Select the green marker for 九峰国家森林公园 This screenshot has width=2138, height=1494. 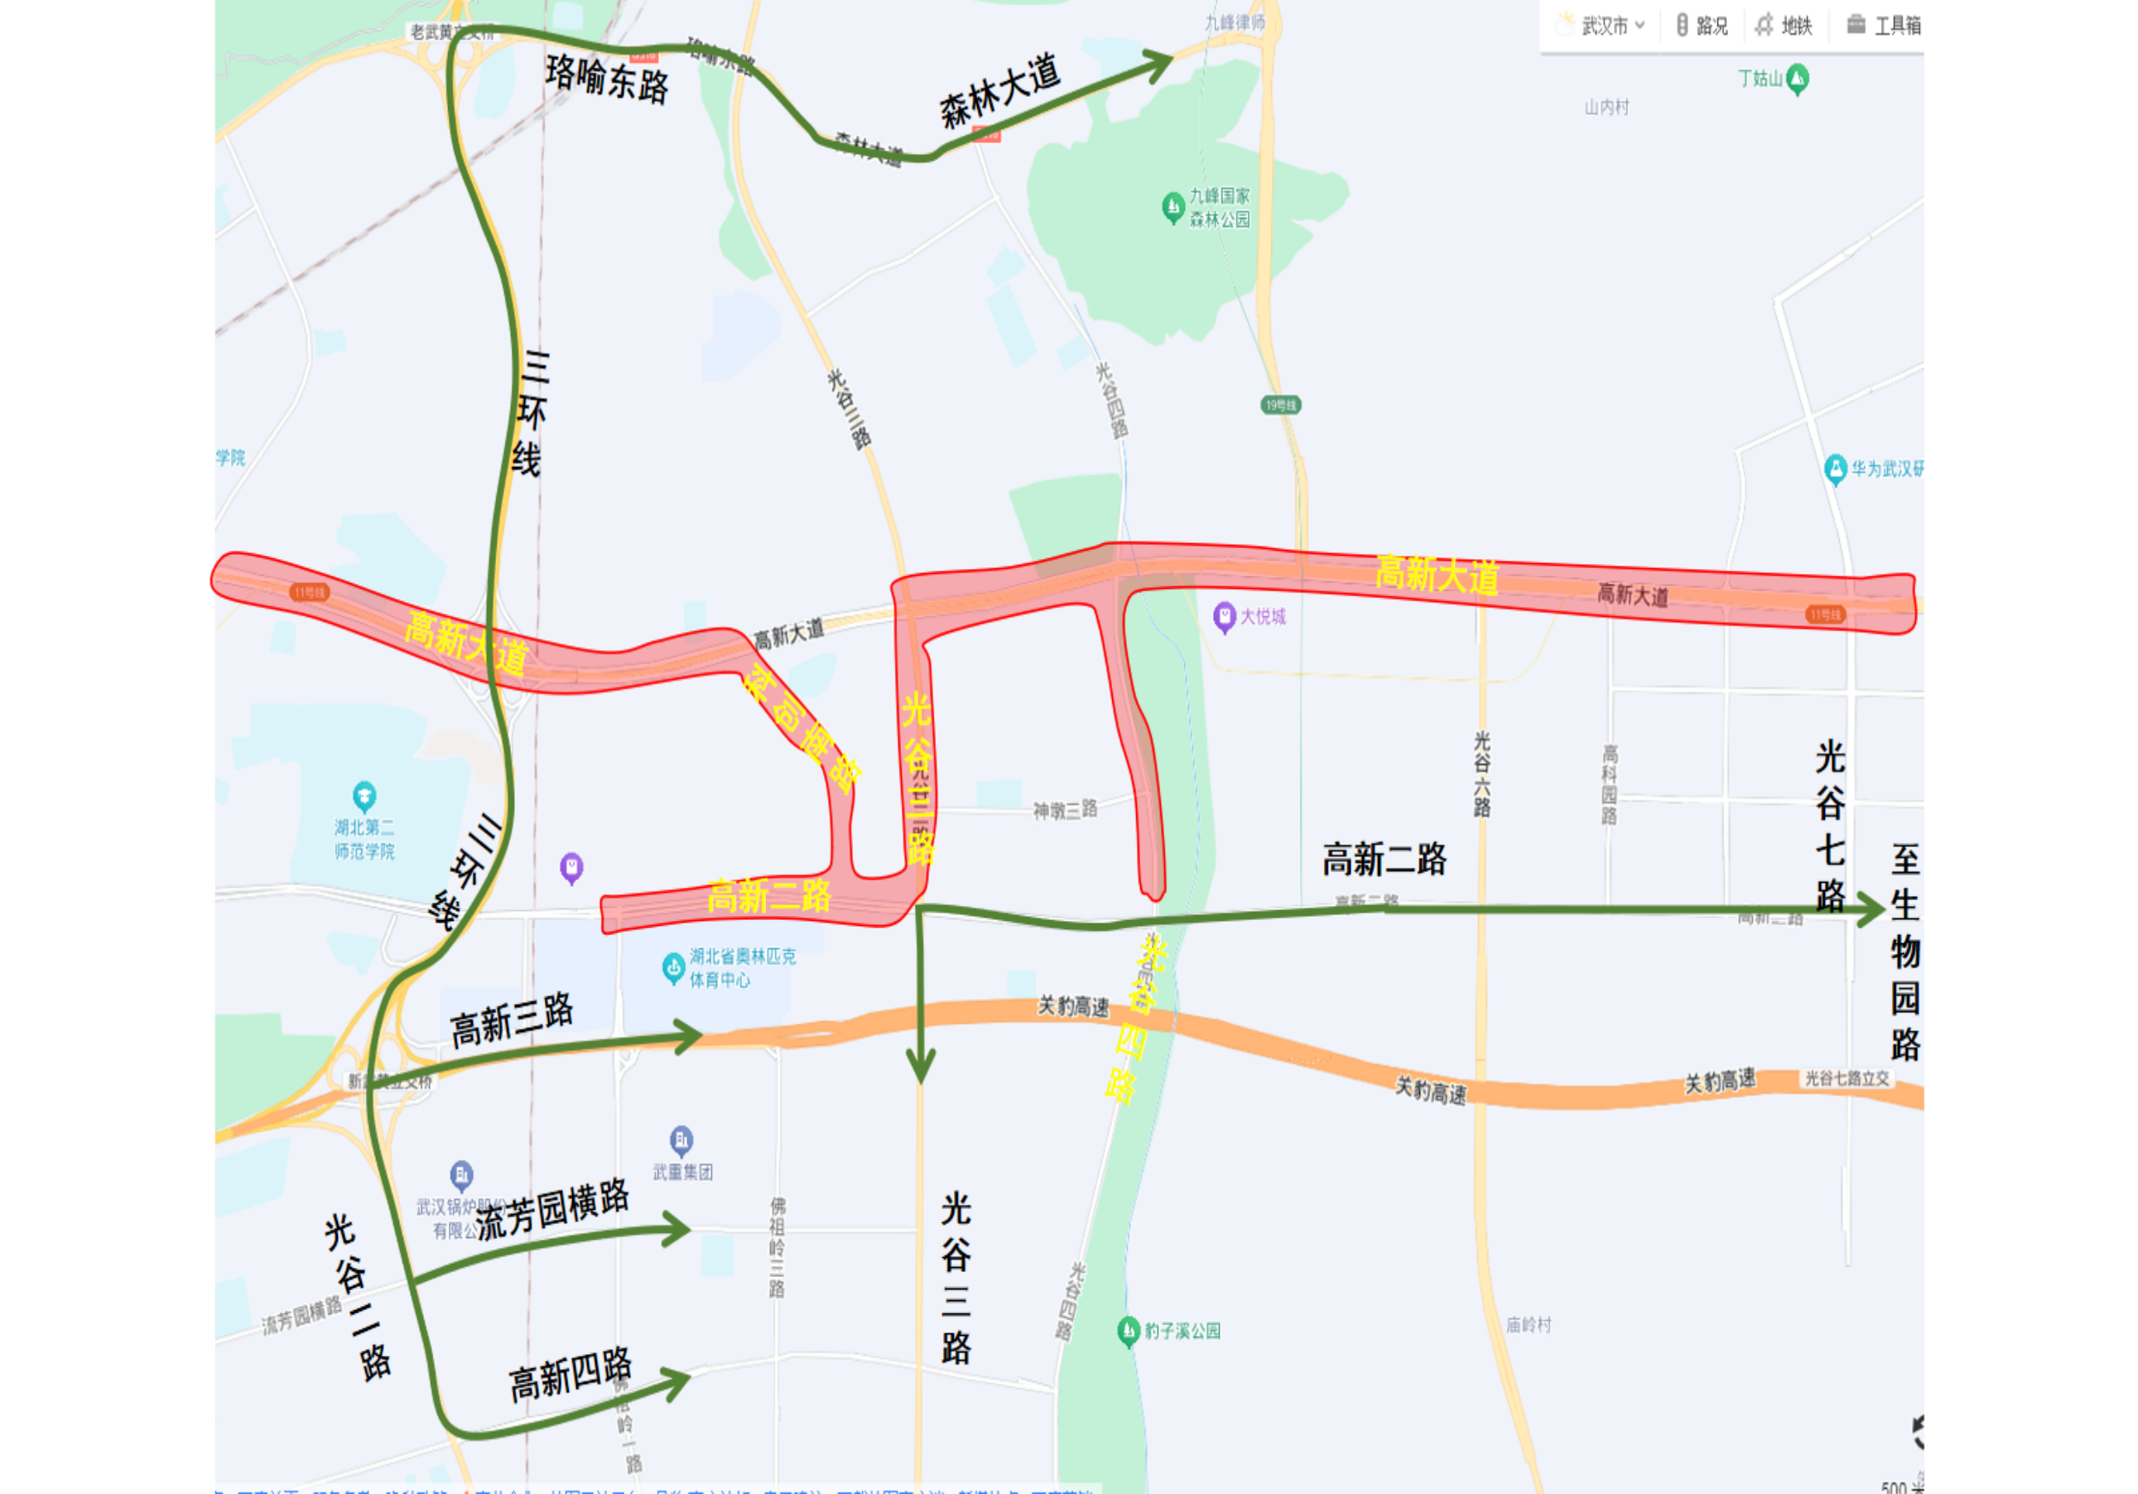click(x=1173, y=206)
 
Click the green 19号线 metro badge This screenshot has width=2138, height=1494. click(x=1280, y=405)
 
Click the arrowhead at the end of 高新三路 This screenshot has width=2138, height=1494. click(x=690, y=1036)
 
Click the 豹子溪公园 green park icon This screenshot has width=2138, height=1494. click(x=1129, y=1330)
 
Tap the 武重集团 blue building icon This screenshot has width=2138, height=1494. click(x=681, y=1139)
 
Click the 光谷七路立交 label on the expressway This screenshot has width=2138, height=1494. click(x=1847, y=1077)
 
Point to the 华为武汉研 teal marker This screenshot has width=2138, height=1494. click(x=1834, y=469)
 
